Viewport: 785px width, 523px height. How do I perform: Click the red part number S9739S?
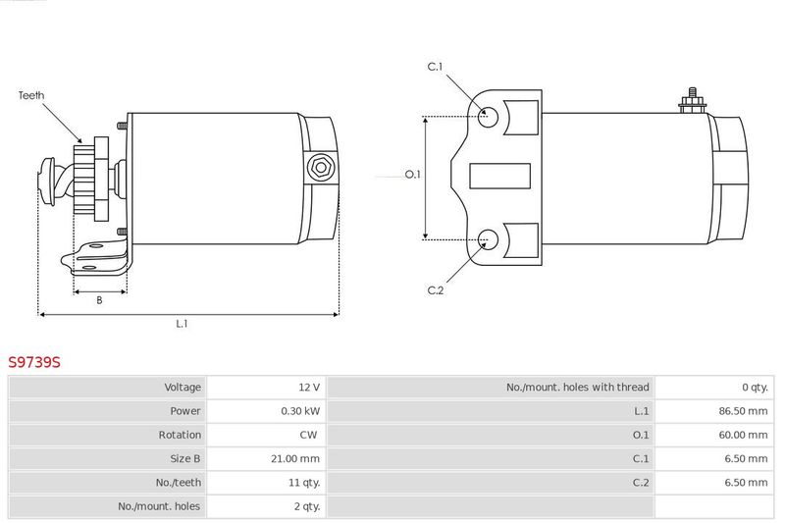pyautogui.click(x=34, y=362)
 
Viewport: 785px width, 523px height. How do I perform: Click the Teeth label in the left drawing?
pyautogui.click(x=31, y=95)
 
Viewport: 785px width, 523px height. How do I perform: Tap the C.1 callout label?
pyautogui.click(x=435, y=67)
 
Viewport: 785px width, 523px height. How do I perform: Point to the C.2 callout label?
pyautogui.click(x=436, y=290)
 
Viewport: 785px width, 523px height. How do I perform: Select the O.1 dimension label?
pyautogui.click(x=413, y=174)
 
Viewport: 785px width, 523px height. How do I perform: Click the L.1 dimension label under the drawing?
pyautogui.click(x=182, y=324)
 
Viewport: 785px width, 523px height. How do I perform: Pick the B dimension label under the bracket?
pyautogui.click(x=99, y=300)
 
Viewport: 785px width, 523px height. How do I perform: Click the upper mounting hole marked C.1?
pyautogui.click(x=488, y=117)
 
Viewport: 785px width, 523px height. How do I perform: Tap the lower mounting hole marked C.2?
pyautogui.click(x=488, y=239)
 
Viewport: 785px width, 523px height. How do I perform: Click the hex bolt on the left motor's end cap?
pyautogui.click(x=321, y=167)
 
